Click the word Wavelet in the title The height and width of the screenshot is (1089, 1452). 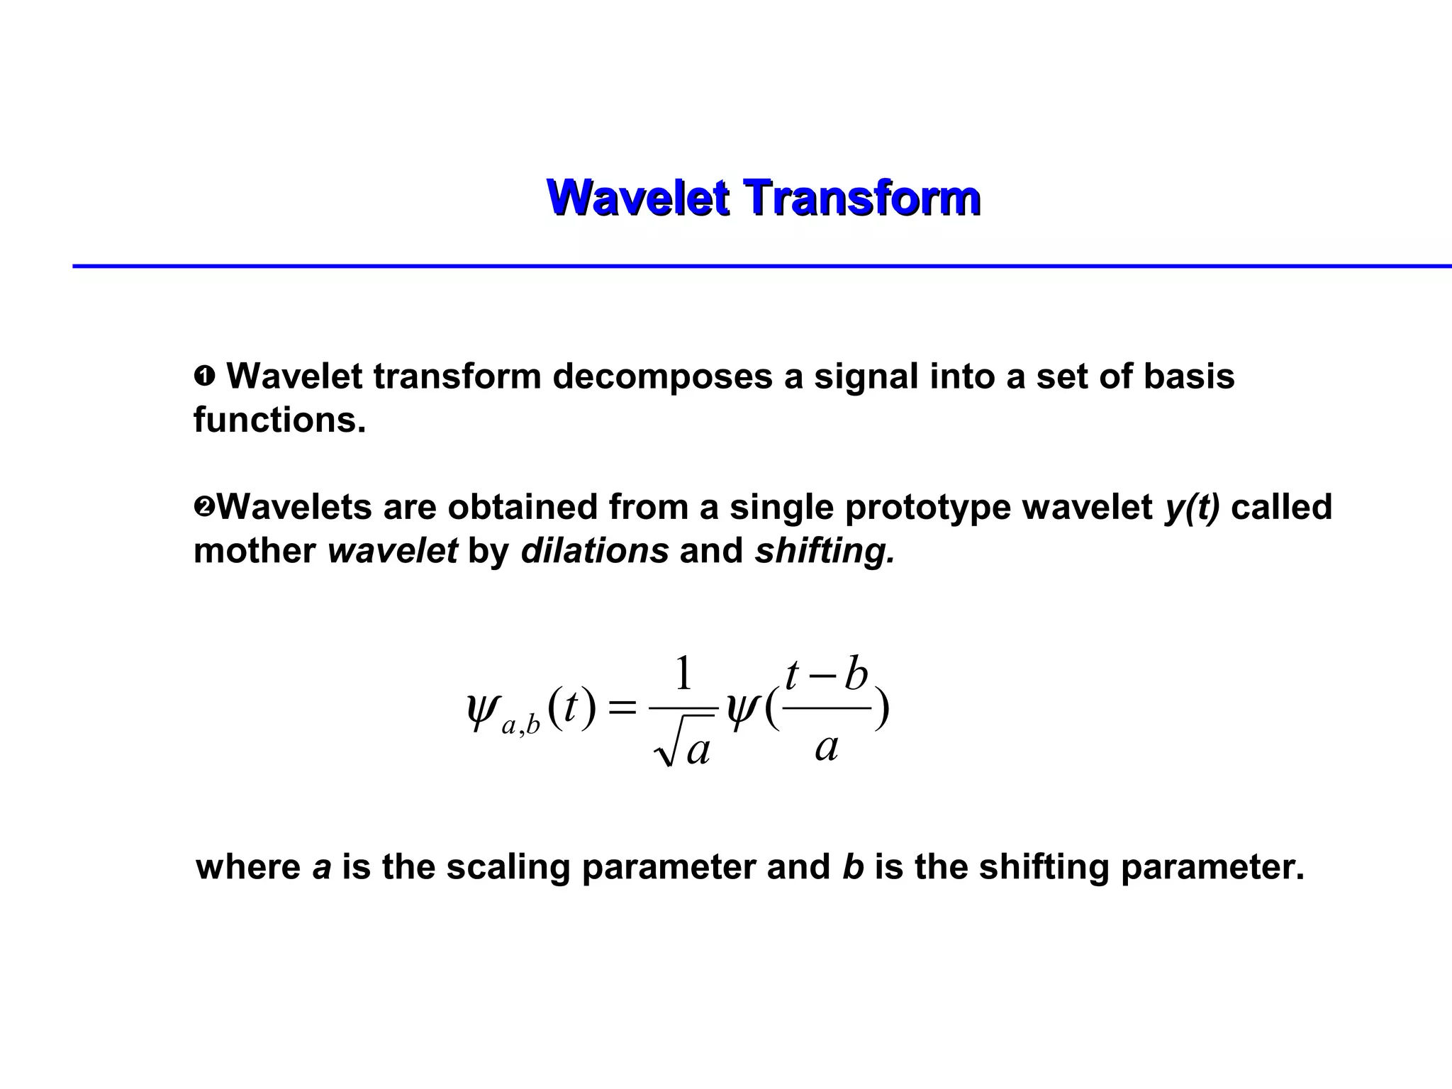click(x=637, y=197)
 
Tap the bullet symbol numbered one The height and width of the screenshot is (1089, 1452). click(x=204, y=376)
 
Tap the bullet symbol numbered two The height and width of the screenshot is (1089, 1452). click(x=203, y=508)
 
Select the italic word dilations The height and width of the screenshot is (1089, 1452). click(x=594, y=551)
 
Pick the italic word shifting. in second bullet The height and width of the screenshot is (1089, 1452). click(x=825, y=551)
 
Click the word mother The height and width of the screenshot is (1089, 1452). click(x=255, y=551)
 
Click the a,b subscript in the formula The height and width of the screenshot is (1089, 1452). click(x=520, y=726)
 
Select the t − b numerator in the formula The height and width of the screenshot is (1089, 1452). click(x=827, y=675)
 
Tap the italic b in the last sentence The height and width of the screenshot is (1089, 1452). click(x=852, y=867)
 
